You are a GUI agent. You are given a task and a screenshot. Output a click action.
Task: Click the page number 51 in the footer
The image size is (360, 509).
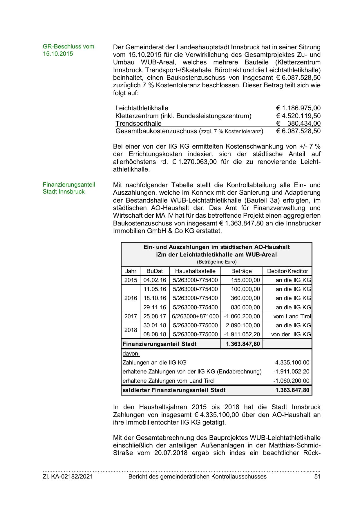tap(317, 476)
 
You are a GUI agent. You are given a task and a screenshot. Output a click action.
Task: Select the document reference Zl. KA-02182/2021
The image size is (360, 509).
tap(68, 476)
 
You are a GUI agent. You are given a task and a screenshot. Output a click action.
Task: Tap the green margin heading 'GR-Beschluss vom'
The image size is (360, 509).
tap(68, 46)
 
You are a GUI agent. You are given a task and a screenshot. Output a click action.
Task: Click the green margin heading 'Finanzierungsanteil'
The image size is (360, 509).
tap(69, 185)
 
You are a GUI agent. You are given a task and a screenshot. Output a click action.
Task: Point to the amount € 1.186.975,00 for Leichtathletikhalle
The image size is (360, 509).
tap(298, 108)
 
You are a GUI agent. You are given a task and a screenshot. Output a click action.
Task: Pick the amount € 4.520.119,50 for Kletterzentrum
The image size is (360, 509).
tap(298, 116)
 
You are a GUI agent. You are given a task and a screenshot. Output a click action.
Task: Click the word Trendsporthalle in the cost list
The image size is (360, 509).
tap(138, 123)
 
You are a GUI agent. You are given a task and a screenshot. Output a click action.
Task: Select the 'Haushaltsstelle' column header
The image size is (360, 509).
tap(195, 271)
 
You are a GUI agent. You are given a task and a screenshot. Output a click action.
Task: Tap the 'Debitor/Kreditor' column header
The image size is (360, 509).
tap(287, 271)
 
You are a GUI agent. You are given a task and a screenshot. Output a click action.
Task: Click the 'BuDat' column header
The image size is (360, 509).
tap(155, 271)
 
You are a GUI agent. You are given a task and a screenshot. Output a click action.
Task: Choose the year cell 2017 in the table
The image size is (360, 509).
tap(131, 316)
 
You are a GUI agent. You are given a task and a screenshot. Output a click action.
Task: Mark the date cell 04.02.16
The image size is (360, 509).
tap(155, 280)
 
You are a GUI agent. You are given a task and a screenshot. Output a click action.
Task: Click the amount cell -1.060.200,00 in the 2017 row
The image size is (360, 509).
tap(242, 316)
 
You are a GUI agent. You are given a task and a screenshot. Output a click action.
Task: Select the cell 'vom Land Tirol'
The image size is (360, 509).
tap(292, 316)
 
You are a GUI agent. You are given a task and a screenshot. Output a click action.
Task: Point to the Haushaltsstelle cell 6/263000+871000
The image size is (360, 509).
tap(195, 316)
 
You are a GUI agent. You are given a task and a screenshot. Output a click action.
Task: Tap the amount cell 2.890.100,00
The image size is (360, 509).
tap(243, 325)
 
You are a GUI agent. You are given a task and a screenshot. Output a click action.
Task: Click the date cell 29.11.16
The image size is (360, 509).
tap(155, 307)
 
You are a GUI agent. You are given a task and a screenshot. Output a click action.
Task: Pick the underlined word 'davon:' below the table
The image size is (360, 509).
tap(131, 353)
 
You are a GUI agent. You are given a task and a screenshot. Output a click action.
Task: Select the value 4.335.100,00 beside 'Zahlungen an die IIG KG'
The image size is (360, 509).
tap(292, 362)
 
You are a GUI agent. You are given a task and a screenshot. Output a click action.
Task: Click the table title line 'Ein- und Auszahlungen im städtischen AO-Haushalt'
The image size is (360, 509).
tap(216, 247)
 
